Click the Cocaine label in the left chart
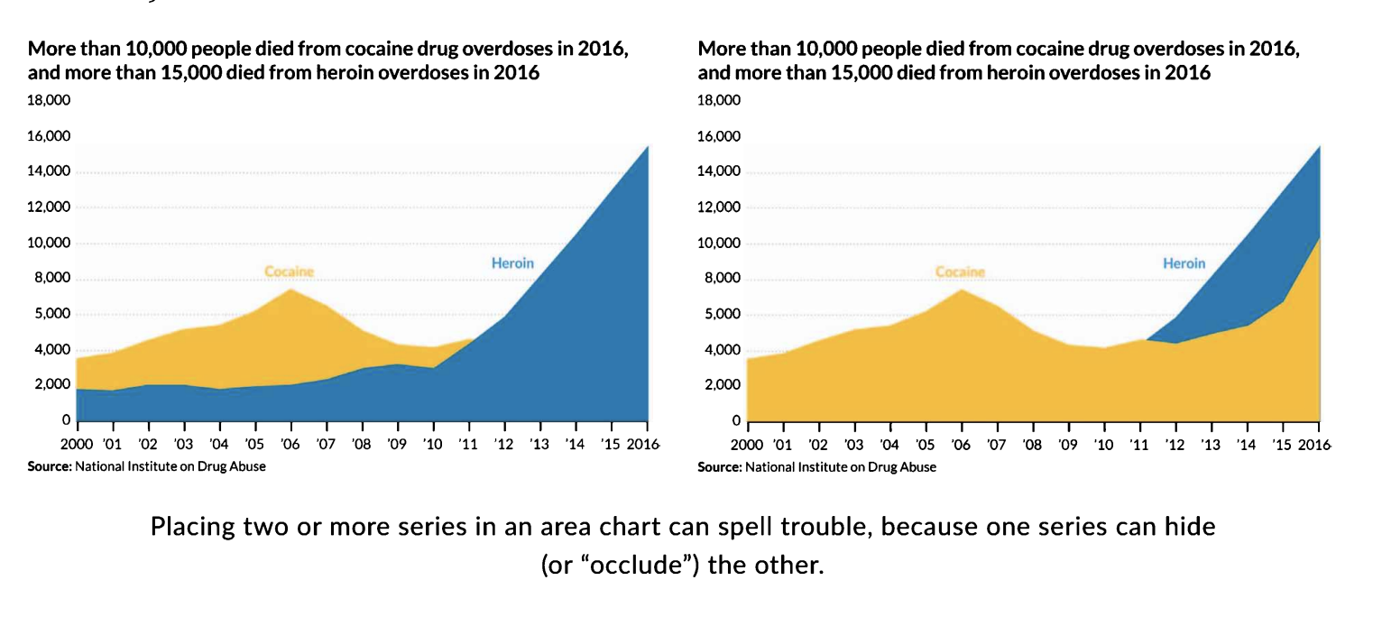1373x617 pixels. [x=289, y=271]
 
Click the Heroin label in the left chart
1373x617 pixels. [x=512, y=263]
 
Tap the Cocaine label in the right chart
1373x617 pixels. [x=960, y=272]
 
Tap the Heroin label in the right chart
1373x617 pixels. [x=1184, y=263]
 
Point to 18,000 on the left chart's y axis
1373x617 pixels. [x=50, y=101]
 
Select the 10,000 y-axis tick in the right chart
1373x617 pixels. [x=720, y=244]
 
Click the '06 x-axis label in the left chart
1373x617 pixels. [x=291, y=445]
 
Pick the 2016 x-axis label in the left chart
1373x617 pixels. [x=642, y=445]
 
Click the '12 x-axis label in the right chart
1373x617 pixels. [x=1175, y=445]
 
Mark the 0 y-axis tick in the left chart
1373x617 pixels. [x=66, y=420]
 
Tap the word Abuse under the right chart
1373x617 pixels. [x=917, y=467]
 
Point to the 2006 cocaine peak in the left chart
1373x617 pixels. [x=291, y=290]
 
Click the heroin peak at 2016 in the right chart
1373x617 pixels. [x=1319, y=147]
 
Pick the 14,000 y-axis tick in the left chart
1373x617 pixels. [x=50, y=172]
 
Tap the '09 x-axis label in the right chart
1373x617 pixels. [x=1067, y=445]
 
